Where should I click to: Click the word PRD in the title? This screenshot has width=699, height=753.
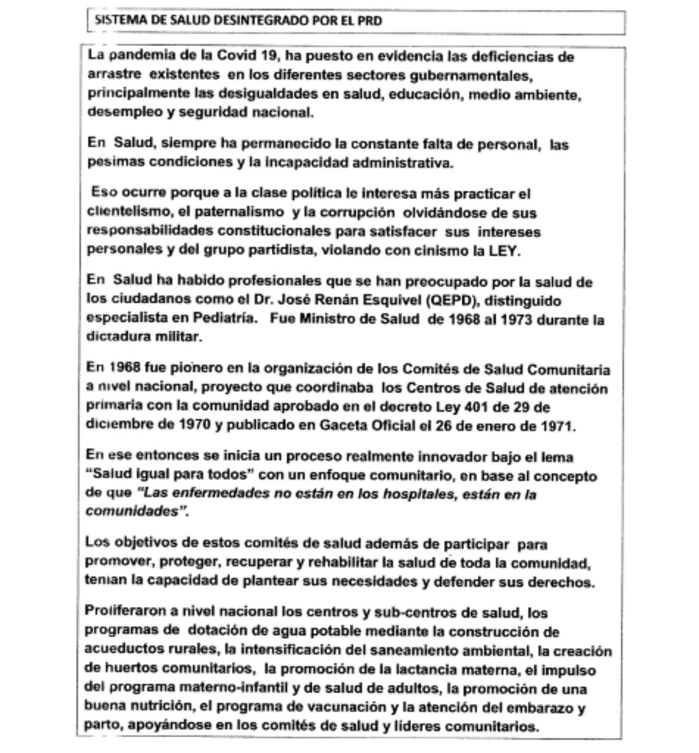pyautogui.click(x=370, y=21)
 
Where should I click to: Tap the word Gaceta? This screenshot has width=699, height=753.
pyautogui.click(x=345, y=425)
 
